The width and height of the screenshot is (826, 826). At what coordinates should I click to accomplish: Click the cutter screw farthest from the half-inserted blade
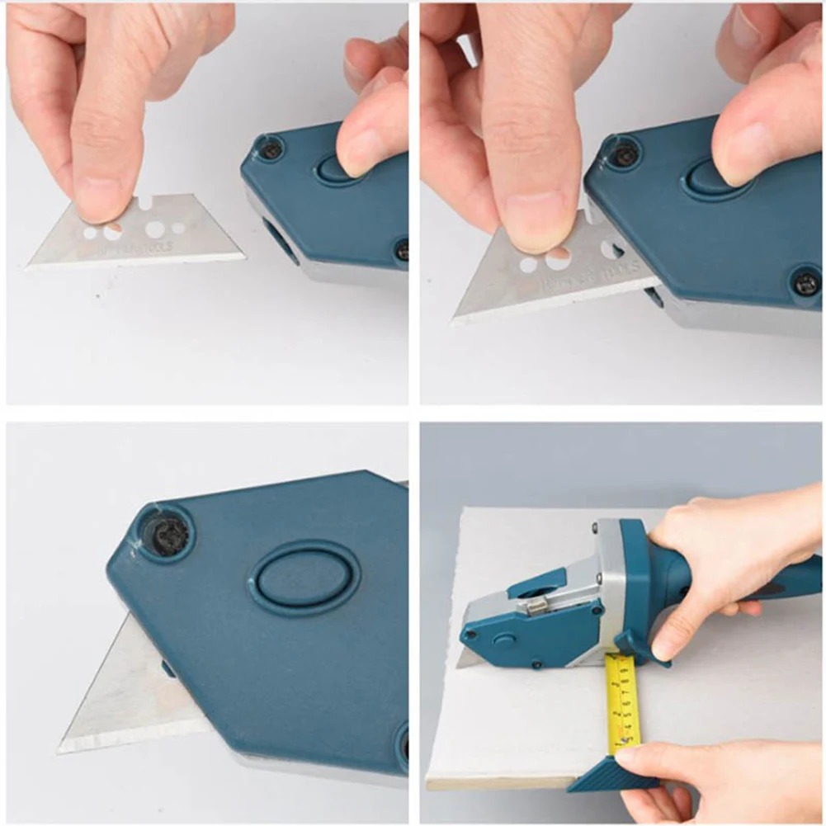805,283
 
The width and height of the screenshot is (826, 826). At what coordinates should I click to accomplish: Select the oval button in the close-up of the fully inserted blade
304,578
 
